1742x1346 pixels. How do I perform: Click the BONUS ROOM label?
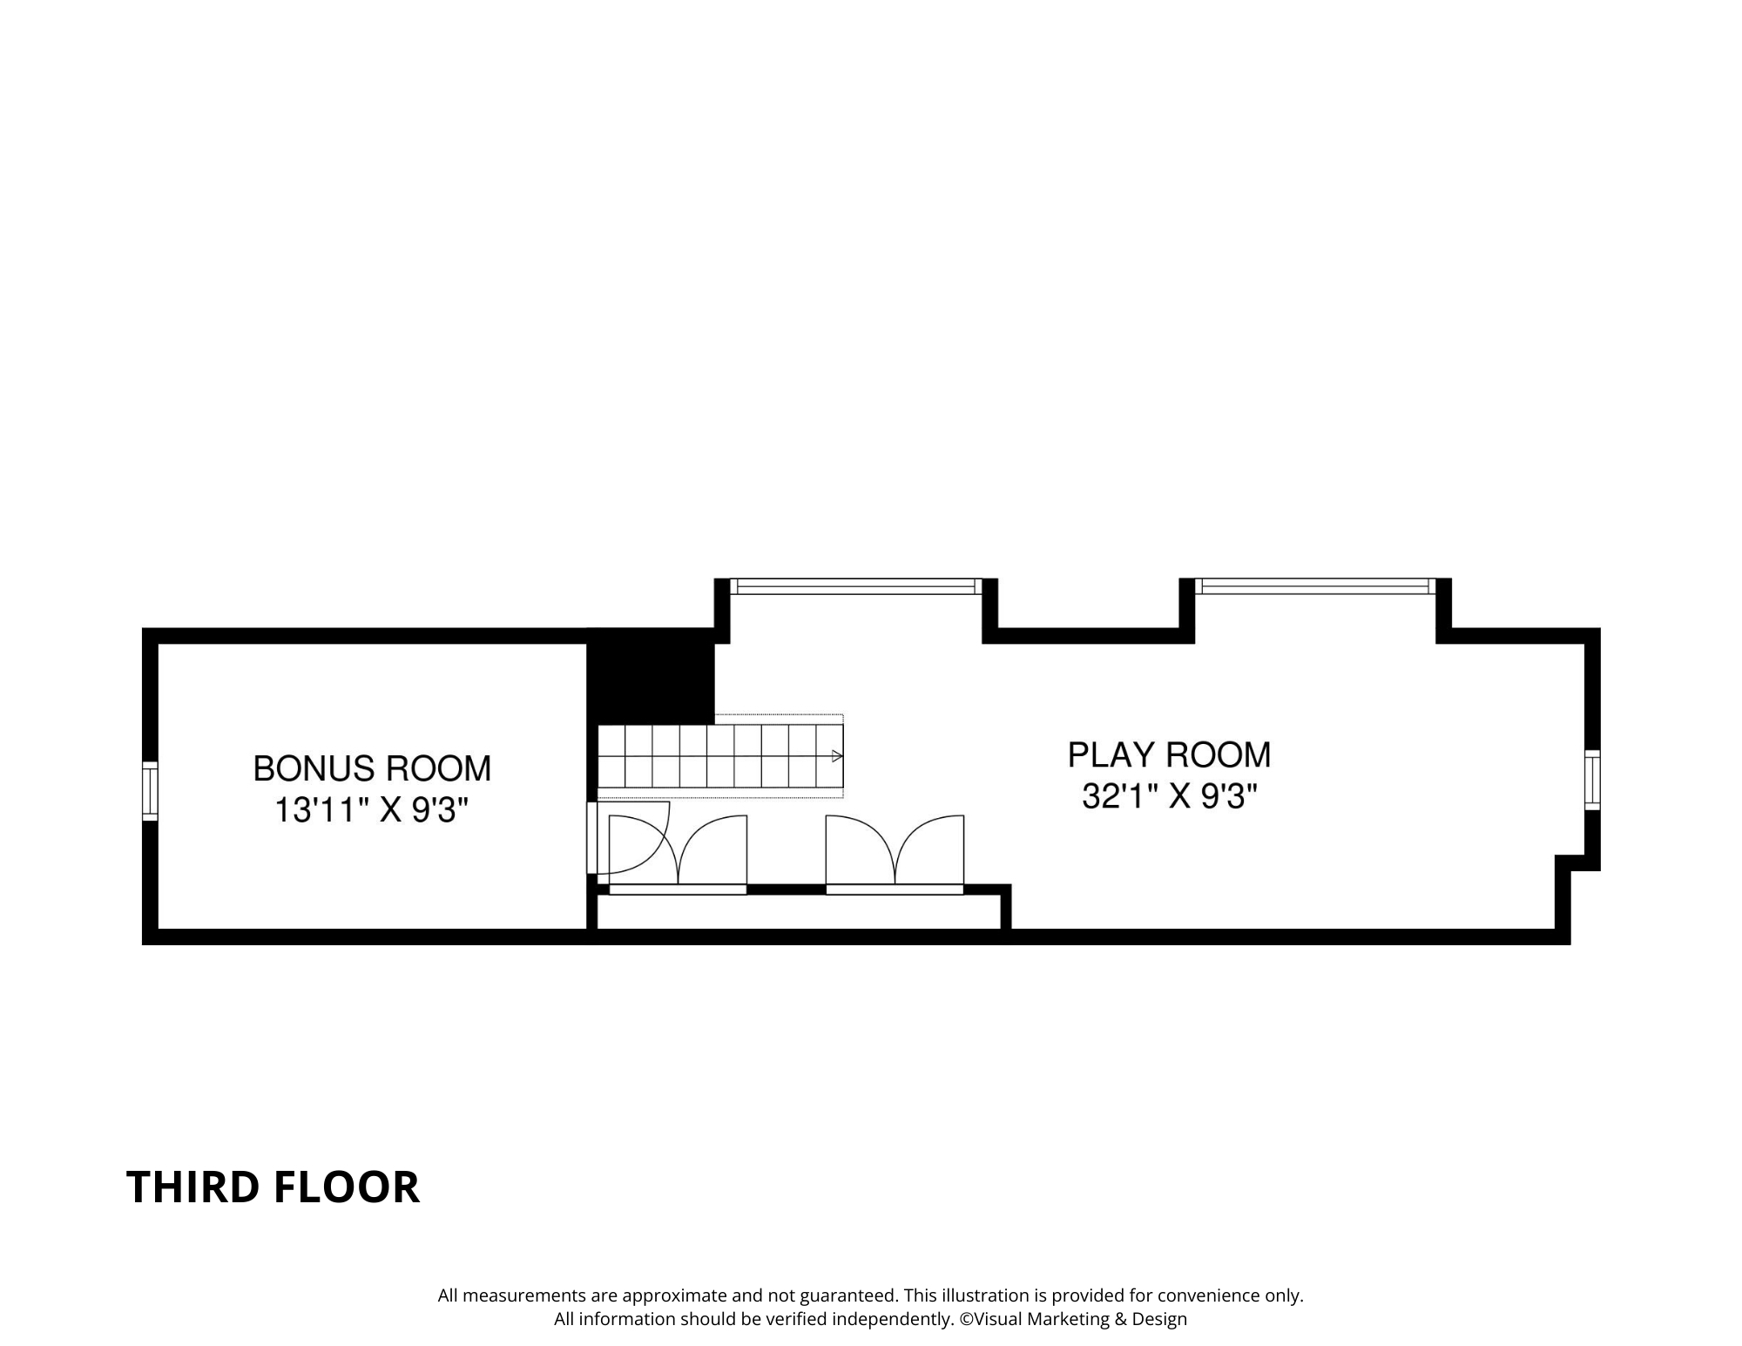click(x=372, y=768)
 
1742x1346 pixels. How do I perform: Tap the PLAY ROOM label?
click(x=1169, y=754)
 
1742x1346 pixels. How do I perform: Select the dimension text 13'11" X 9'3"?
click(x=372, y=810)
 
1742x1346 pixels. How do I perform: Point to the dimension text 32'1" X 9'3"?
click(x=1169, y=796)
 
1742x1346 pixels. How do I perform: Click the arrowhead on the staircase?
click(x=838, y=755)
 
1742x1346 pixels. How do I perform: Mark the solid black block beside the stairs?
click(x=651, y=680)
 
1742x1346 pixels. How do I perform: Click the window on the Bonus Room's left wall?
click(x=150, y=790)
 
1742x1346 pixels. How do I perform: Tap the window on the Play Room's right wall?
click(x=1592, y=780)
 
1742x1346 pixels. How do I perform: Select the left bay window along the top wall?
click(x=855, y=586)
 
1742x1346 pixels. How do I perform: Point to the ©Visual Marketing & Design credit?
click(x=1073, y=1318)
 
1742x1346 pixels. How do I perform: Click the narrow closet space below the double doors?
click(x=798, y=912)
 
